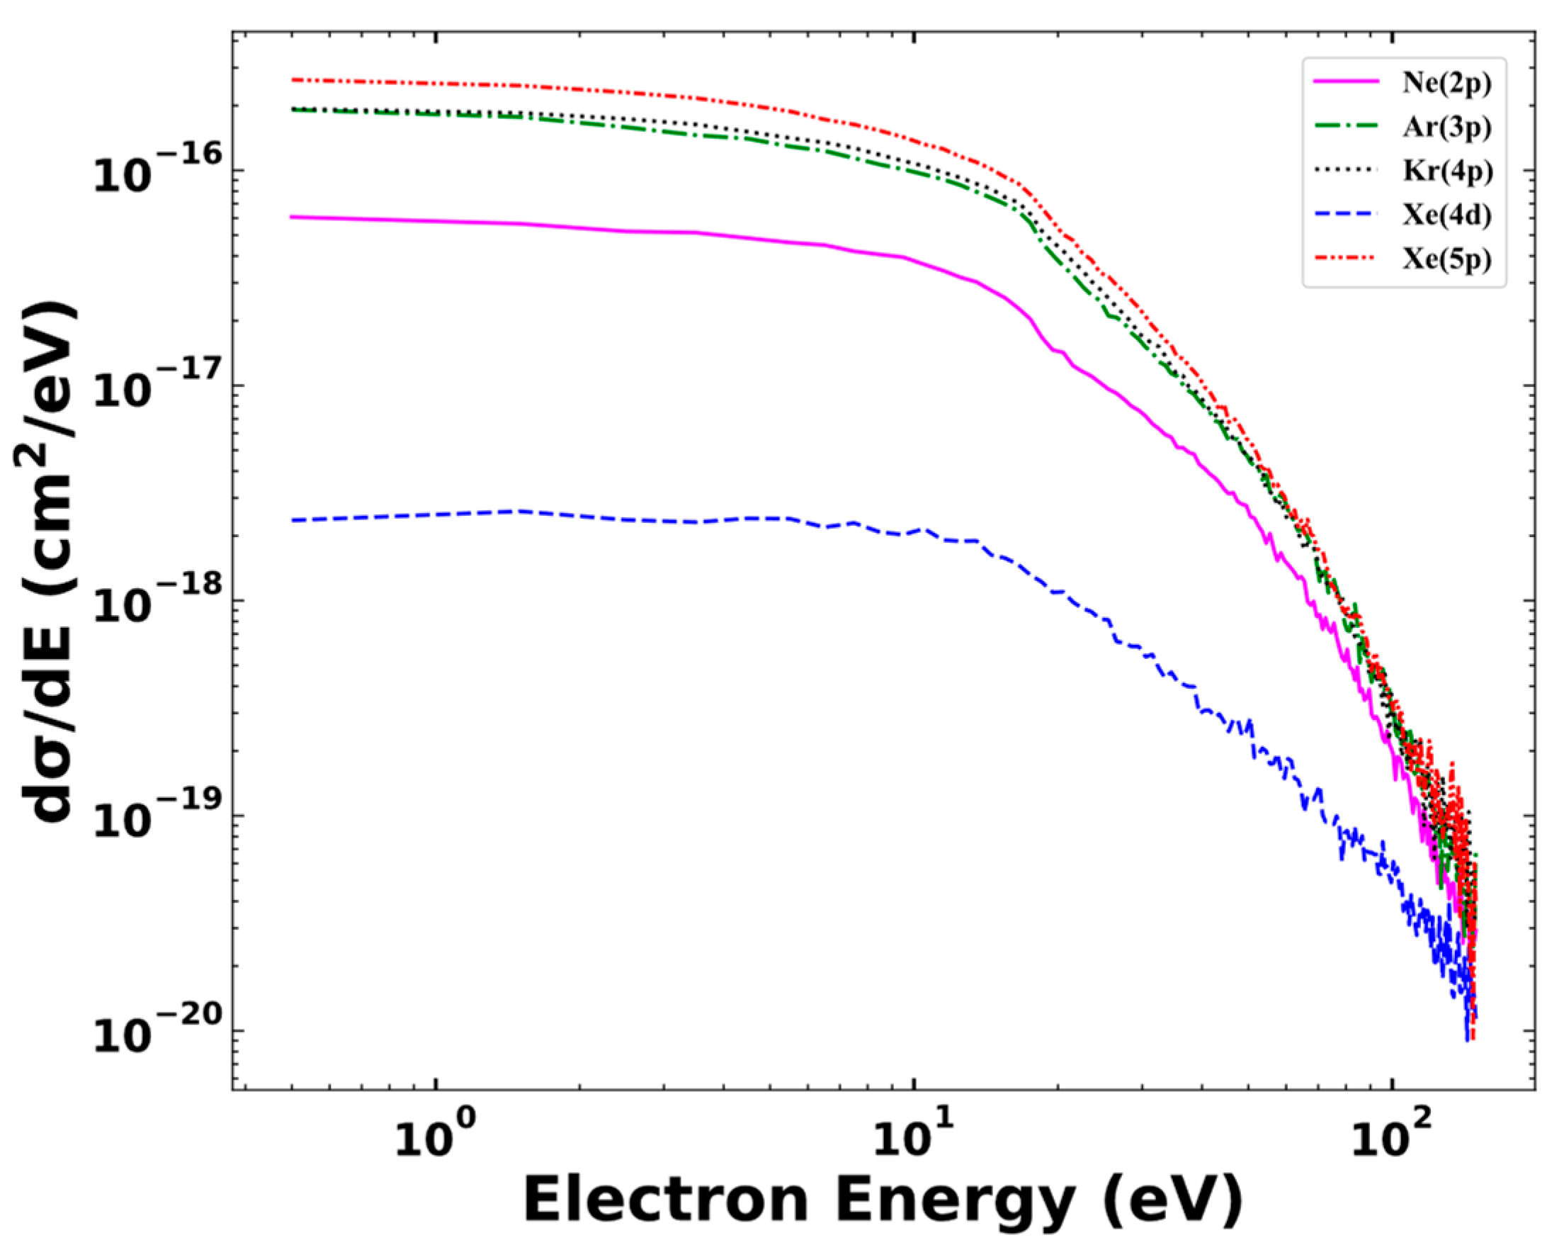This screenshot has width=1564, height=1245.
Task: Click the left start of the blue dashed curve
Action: pyautogui.click(x=292, y=520)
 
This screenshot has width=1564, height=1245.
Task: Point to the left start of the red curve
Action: pyautogui.click(x=292, y=80)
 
